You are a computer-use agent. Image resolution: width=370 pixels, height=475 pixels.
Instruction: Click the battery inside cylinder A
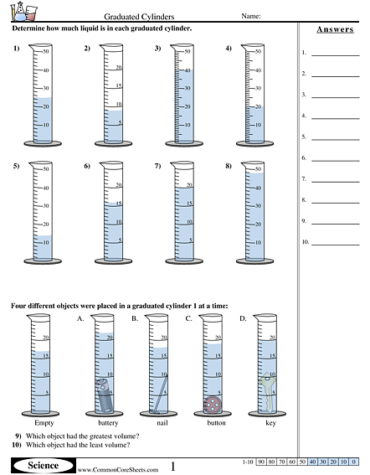pyautogui.click(x=105, y=396)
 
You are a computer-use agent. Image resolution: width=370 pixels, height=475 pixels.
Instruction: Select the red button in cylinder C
pyautogui.click(x=213, y=405)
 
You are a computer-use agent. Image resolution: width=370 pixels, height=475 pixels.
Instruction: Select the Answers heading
pyautogui.click(x=334, y=30)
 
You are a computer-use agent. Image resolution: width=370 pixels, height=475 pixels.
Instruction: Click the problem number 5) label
pyautogui.click(x=16, y=167)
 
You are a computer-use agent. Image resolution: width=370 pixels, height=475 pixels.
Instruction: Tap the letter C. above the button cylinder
pyautogui.click(x=189, y=318)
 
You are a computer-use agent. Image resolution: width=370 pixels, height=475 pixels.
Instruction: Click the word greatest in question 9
pyautogui.click(x=98, y=436)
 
